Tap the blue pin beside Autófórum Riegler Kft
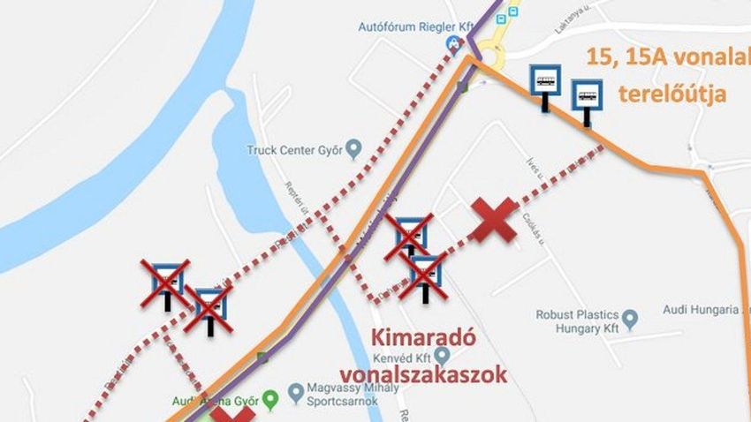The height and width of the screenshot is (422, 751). click(x=454, y=42)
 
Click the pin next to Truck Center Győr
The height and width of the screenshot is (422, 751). click(x=354, y=147)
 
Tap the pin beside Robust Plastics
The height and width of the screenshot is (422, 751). click(x=629, y=316)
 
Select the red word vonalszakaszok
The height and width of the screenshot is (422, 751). click(x=424, y=374)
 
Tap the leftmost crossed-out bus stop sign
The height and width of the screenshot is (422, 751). click(x=166, y=283)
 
